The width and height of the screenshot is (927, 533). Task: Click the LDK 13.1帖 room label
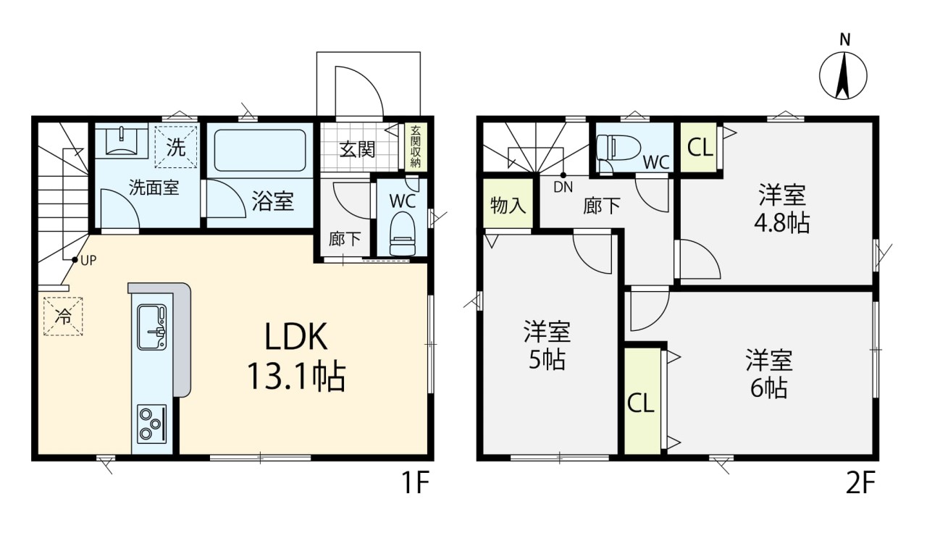point(296,357)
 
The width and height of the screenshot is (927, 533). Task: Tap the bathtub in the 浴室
point(260,150)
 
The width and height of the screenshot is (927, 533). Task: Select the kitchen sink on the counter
point(152,327)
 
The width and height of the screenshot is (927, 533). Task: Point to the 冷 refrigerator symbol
point(63,316)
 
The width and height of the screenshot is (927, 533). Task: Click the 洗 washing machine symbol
point(176,147)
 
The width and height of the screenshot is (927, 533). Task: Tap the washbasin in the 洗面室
point(121,140)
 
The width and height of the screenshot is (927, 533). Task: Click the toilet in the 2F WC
point(618,148)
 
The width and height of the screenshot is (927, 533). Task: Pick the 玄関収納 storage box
point(416,146)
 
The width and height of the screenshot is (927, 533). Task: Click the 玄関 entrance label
point(357,150)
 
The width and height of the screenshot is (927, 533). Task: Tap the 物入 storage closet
point(508,203)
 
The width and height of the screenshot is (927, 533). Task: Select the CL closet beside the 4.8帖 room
point(700,147)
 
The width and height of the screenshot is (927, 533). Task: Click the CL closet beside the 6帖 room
point(642,401)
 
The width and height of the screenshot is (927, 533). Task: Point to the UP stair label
point(88,260)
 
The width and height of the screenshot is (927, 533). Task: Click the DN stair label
point(563,188)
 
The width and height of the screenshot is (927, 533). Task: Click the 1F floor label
point(416,482)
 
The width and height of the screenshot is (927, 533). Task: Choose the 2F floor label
point(860,482)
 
